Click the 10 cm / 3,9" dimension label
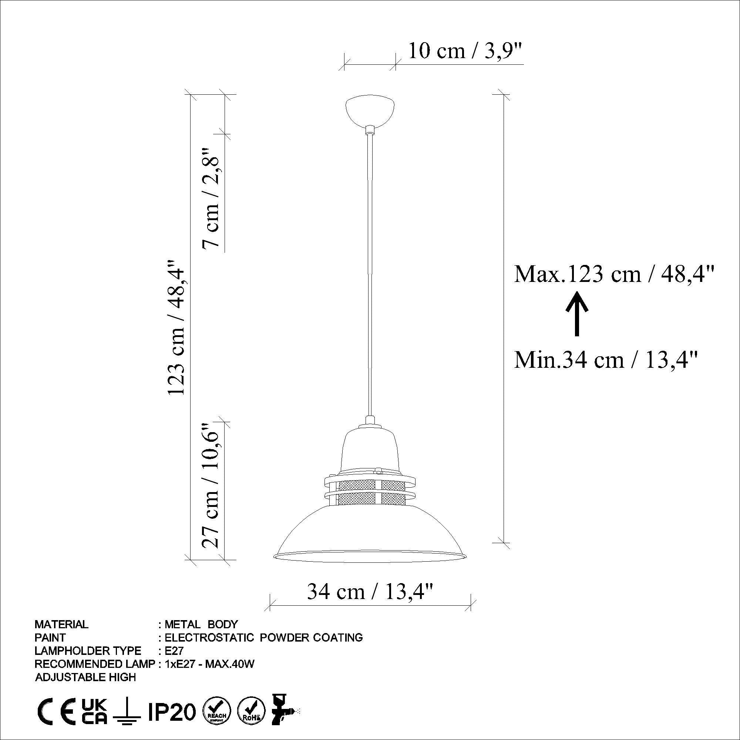tap(465, 51)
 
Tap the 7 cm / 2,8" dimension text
tap(212, 197)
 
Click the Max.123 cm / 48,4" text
tap(614, 274)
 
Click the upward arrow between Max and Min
tap(577, 313)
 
